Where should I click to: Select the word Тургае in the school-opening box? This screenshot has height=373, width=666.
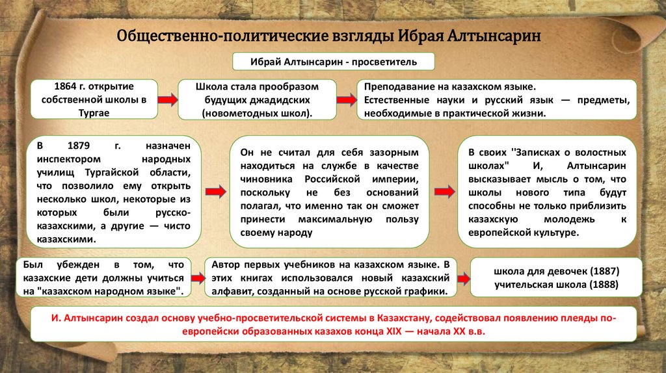coord(94,112)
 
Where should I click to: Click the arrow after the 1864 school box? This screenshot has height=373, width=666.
coord(168,99)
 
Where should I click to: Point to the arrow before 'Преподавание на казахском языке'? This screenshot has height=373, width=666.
coord(346,99)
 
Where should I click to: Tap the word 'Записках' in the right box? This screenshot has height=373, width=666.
coord(537,152)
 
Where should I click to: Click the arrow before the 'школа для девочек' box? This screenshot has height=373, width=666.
coord(464,278)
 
